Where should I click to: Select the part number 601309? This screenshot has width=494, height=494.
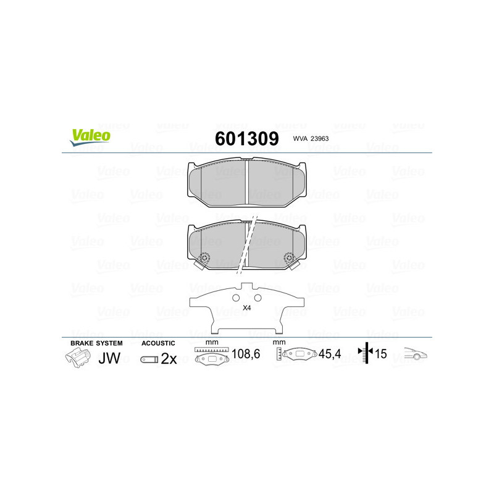point(246,138)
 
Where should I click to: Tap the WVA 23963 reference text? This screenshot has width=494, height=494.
point(311,139)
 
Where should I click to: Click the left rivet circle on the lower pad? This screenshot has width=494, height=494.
point(206,257)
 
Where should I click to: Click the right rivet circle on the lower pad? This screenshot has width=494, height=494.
point(288,257)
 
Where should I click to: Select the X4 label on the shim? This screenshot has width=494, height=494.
point(247,308)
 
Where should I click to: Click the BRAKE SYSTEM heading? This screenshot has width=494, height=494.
point(96,343)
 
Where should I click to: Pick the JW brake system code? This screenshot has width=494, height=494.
point(109,358)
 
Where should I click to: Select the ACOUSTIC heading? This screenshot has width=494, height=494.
point(159,343)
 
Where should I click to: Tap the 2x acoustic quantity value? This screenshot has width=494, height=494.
point(169,359)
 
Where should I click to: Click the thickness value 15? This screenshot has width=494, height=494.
point(381,355)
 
